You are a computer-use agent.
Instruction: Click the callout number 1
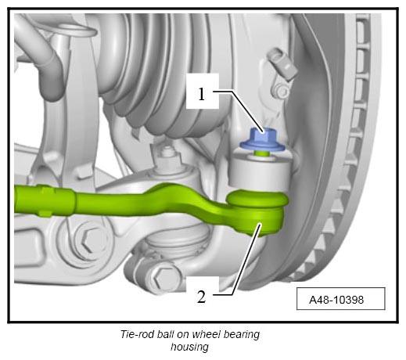point(202,94)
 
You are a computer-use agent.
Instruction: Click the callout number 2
point(201,297)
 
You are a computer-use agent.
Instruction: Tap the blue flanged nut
point(262,140)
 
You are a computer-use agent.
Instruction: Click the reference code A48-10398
point(336,300)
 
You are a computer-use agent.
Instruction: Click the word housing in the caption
point(189,347)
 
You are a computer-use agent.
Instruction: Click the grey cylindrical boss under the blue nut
point(260,171)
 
